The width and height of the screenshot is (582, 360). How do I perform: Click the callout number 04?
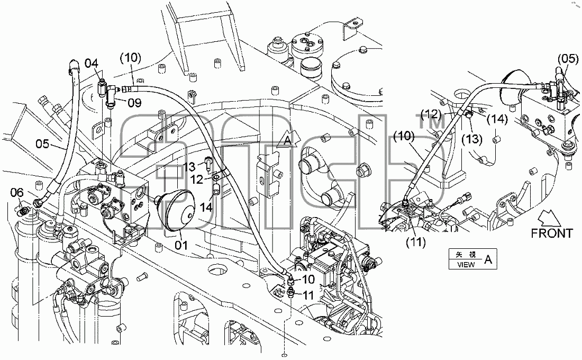[x=92, y=63]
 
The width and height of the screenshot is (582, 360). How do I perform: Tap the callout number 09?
[x=135, y=103]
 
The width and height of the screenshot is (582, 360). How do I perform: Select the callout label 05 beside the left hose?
[x=42, y=143]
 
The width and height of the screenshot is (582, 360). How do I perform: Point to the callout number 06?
[x=17, y=193]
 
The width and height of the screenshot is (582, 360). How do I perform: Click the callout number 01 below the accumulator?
[x=181, y=245]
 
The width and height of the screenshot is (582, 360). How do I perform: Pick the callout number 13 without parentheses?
[x=189, y=166]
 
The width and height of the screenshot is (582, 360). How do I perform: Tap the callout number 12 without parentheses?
[x=197, y=180]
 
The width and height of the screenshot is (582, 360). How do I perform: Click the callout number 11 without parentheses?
[x=308, y=295]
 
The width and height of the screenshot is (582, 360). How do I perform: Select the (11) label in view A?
[x=416, y=242]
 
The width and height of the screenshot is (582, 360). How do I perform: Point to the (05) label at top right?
[x=568, y=59]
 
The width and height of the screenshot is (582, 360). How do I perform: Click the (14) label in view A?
[x=497, y=119]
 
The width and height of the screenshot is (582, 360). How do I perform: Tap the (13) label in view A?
[x=472, y=139]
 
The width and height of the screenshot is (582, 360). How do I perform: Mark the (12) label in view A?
[x=431, y=114]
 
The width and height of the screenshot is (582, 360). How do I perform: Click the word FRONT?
[x=552, y=233]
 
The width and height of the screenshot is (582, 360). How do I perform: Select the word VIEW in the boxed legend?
[x=466, y=265]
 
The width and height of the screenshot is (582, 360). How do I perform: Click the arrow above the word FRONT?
[x=550, y=218]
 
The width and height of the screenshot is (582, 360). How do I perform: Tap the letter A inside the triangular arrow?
[x=288, y=140]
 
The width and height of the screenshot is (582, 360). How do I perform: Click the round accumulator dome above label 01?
[x=178, y=210]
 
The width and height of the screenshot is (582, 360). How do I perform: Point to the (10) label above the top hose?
[x=131, y=58]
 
